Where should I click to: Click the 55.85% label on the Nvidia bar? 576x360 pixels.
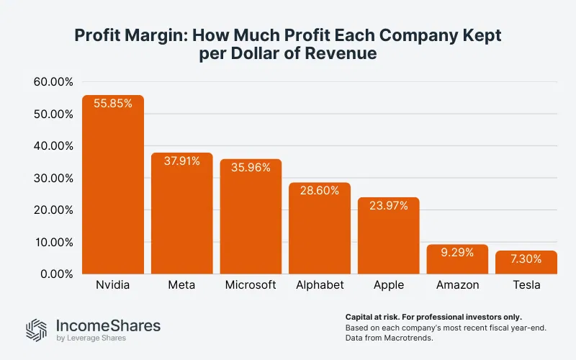[112, 104]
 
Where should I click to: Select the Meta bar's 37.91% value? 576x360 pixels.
[181, 161]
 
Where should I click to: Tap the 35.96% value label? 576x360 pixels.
[251, 167]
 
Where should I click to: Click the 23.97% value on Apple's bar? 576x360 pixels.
[389, 205]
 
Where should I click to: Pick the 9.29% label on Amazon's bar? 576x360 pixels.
[457, 253]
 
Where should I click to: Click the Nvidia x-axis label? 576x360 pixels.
[112, 285]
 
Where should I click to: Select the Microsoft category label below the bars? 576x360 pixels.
[251, 285]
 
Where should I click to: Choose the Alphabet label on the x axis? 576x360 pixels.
[320, 285]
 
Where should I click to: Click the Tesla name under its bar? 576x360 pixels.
[526, 285]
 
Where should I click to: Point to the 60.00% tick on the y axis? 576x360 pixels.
[53, 82]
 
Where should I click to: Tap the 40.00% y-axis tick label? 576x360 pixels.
[53, 146]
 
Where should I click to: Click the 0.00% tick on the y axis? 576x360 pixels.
[56, 274]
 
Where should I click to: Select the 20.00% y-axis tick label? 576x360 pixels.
[53, 210]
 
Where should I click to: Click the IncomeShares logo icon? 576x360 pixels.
[37, 329]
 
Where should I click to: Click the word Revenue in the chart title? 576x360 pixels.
[341, 53]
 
